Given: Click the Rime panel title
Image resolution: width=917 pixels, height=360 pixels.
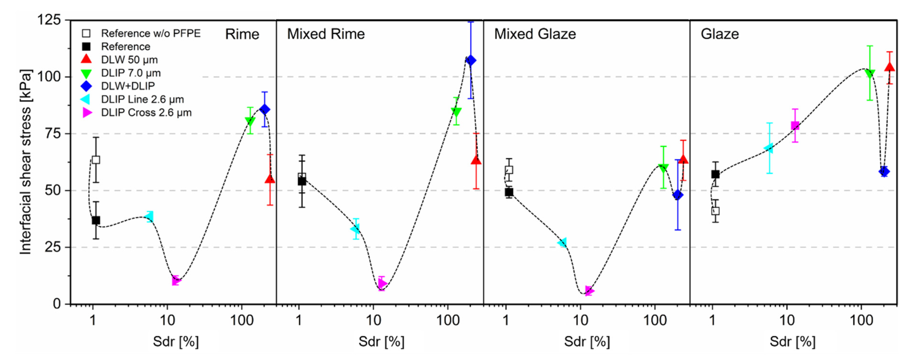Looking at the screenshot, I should (x=242, y=34).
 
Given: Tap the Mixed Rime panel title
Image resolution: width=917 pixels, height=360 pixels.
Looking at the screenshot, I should (x=326, y=34).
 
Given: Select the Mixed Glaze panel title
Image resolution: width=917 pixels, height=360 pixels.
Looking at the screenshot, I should (x=535, y=34).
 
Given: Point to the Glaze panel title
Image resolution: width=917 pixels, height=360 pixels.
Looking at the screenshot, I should (x=719, y=34).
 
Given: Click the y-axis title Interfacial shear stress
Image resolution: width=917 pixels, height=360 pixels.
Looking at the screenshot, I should (x=26, y=162).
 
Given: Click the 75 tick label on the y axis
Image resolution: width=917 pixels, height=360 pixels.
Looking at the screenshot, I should (x=53, y=133).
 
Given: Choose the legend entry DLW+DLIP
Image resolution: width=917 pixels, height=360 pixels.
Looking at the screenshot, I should (x=128, y=86).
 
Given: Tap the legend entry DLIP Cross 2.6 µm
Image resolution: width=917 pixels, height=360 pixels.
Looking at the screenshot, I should (x=146, y=113).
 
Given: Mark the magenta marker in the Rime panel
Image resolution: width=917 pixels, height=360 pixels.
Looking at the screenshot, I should (x=176, y=280).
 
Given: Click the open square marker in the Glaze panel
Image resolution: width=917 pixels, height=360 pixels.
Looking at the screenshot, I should (x=715, y=211).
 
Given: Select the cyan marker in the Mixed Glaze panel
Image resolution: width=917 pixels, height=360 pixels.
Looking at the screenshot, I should (x=562, y=243).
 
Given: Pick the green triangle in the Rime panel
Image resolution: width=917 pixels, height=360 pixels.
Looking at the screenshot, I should (x=250, y=121).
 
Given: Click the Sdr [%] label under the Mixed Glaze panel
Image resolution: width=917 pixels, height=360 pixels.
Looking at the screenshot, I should (x=587, y=342).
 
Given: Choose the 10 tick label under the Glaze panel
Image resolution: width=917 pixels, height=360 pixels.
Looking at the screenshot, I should (x=787, y=320).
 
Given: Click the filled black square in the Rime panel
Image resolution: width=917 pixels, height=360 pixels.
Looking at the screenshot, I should (x=96, y=220).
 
